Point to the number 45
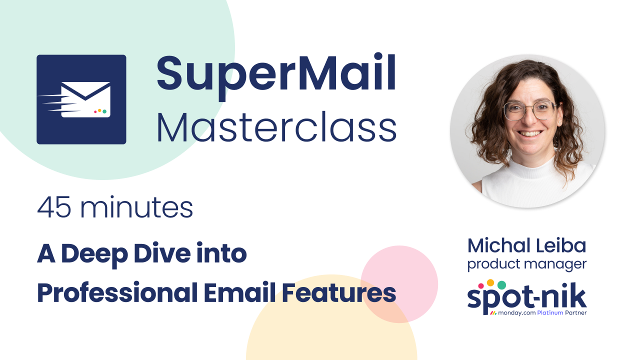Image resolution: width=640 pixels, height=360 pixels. coord(53,208)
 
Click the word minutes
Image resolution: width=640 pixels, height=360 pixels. coord(136,208)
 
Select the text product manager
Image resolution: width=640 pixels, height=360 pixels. coord(527,263)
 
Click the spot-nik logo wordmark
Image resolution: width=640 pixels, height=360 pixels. coord(527,297)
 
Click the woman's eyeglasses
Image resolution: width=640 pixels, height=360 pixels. coord(530,110)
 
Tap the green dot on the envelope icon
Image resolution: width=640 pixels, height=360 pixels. coord(104,111)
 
